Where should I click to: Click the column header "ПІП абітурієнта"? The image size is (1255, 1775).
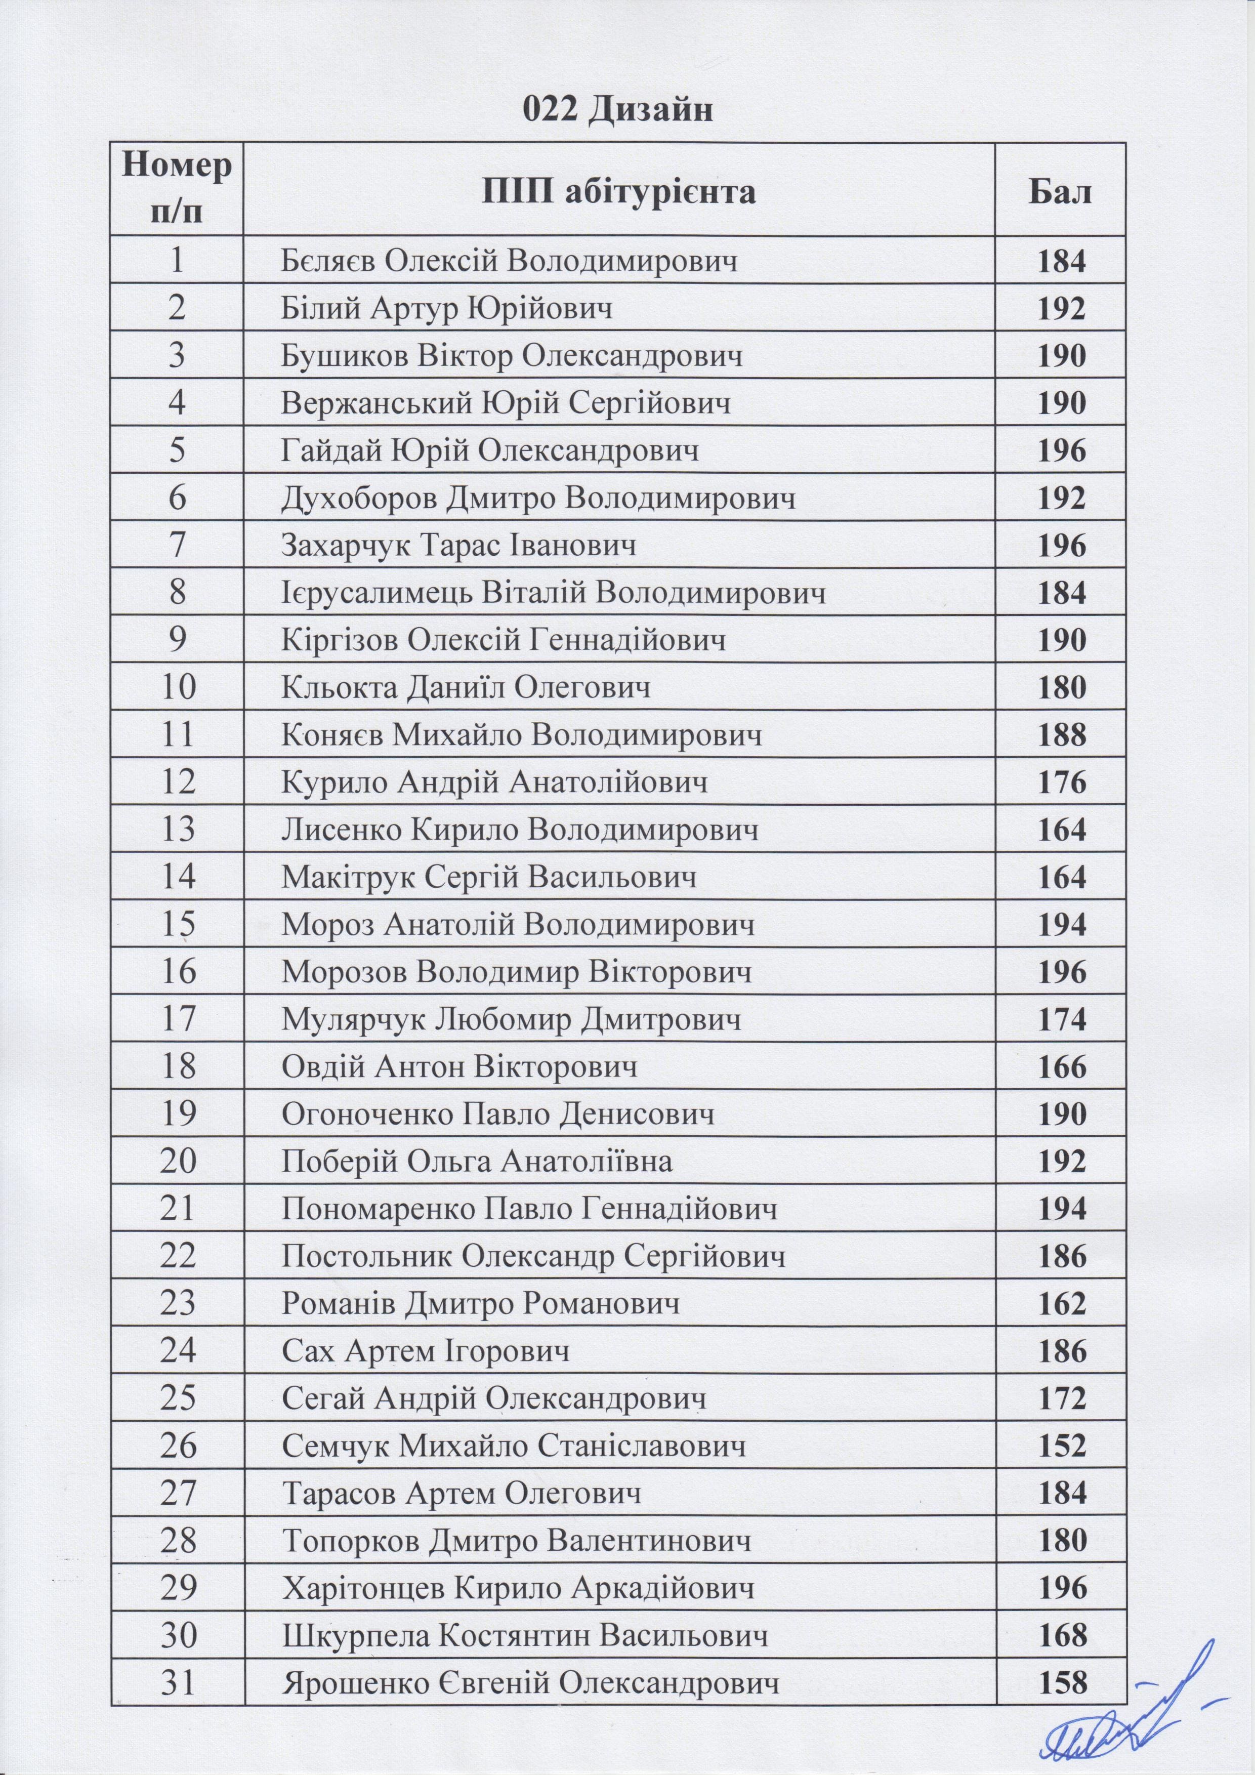(618, 190)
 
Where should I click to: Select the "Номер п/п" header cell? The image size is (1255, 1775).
(177, 190)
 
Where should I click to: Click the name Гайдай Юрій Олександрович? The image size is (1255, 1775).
(490, 450)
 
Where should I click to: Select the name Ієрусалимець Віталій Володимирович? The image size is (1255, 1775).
(553, 593)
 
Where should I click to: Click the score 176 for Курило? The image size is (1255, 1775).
(1062, 783)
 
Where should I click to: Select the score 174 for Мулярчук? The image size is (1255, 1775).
(1062, 1020)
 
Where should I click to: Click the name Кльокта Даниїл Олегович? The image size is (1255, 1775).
(466, 687)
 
